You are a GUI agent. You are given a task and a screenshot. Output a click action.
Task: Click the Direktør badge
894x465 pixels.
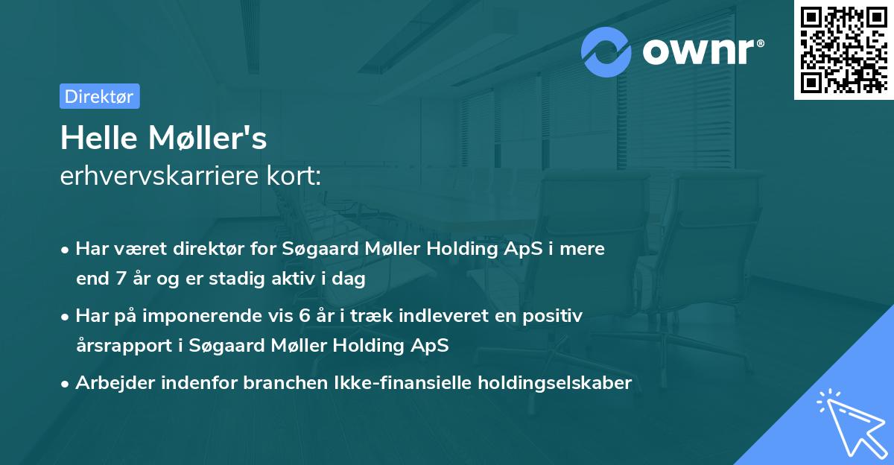99,96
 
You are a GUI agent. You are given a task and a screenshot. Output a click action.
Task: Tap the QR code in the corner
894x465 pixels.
843,49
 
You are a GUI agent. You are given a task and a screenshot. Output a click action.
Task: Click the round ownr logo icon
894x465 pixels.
607,51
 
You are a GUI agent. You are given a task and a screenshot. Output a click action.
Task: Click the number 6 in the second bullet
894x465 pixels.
304,315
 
